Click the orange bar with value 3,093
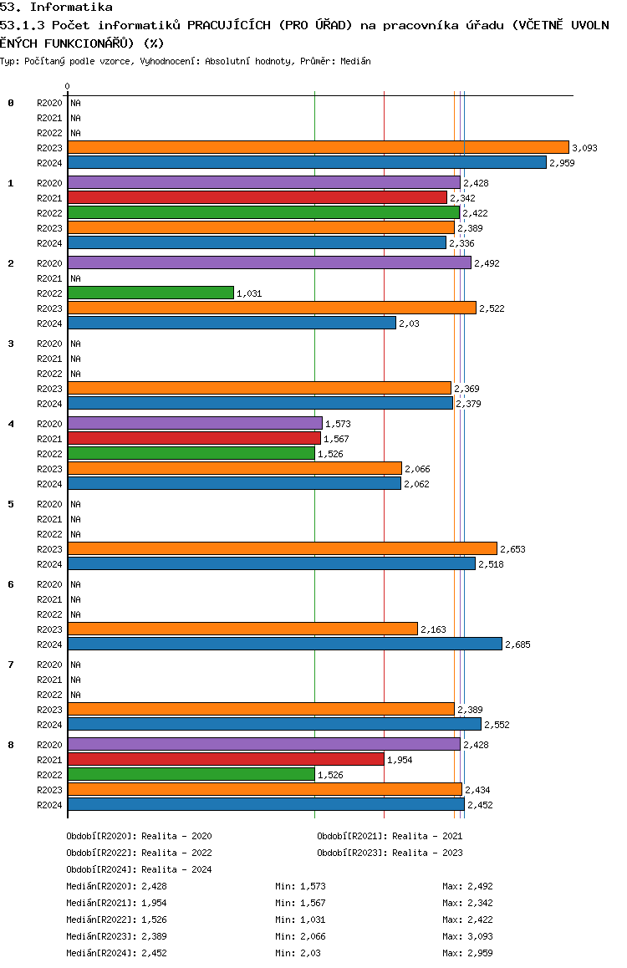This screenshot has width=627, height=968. coord(319,148)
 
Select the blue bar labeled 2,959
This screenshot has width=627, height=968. coord(308,162)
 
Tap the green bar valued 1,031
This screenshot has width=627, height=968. coord(150,293)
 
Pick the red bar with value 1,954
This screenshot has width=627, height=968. coord(226,759)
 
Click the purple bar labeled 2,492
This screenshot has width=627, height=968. coord(270,263)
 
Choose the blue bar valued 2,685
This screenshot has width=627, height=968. coord(285,644)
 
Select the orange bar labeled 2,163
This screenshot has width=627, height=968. coord(242,629)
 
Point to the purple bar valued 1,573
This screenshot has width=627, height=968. coord(195,424)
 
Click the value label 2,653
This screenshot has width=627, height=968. coord(512,549)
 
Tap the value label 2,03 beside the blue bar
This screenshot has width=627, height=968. coord(409,324)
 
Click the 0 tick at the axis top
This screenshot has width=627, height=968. coord(67,86)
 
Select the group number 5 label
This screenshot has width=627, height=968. coord(11,504)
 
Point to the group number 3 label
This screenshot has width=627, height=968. coord(11,344)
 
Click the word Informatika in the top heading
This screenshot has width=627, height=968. coord(71,8)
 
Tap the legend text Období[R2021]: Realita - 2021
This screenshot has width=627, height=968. coord(390,836)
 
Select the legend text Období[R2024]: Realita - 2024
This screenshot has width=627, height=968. coord(139,869)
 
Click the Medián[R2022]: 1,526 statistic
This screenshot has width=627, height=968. coord(117,920)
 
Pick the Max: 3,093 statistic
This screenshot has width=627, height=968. coord(467,936)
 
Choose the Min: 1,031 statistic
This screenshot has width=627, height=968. coord(300,920)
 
